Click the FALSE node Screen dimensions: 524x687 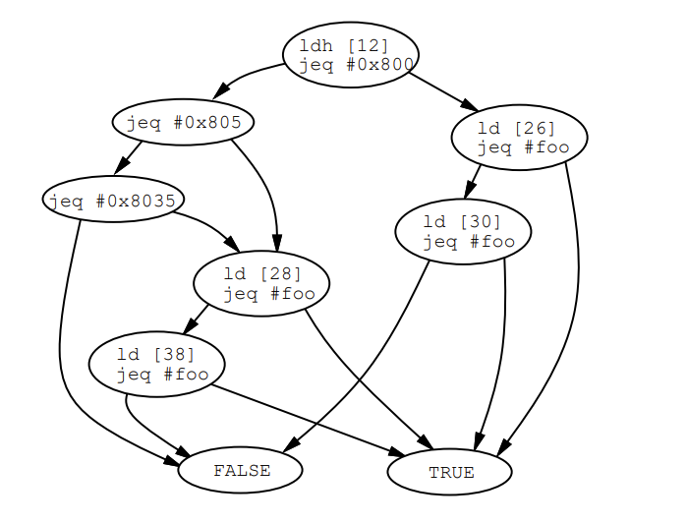coord(240,471)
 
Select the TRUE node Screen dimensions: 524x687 coord(449,472)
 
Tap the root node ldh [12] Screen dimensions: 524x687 coord(350,54)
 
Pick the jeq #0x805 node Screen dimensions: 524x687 coord(183,123)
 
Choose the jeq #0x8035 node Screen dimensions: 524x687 coord(113,201)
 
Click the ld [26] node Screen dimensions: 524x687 coord(519,138)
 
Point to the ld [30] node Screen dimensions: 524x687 coord(463,231)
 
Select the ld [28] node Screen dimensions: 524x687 coord(260,283)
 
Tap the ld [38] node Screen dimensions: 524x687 coord(156,364)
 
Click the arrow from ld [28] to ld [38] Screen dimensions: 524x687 coord(196,320)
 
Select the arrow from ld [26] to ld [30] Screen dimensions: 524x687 coord(474,181)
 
